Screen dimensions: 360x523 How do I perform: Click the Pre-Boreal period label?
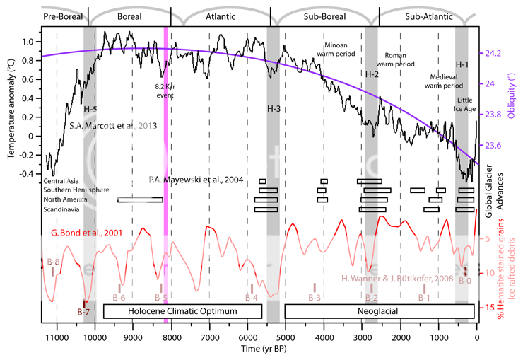point(62,15)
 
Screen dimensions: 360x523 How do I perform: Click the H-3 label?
point(274,108)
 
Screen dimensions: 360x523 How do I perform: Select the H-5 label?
point(90,108)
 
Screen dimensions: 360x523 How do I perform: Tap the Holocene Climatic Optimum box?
point(182,310)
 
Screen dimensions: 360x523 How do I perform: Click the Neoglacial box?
point(379,310)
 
